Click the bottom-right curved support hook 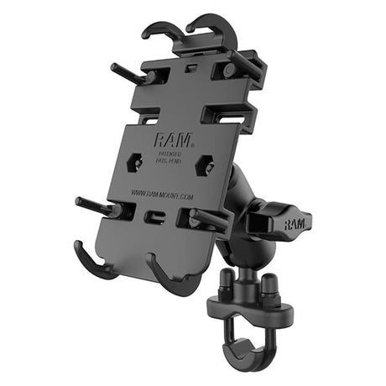tap(168, 277)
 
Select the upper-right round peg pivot tap(228, 72)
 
